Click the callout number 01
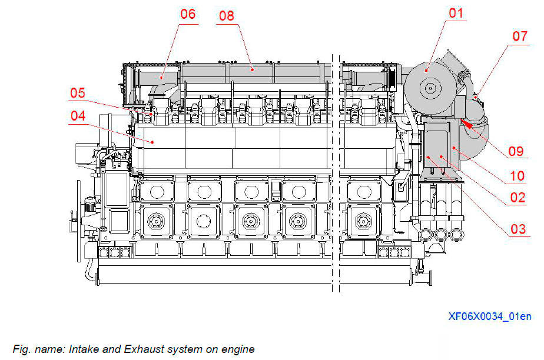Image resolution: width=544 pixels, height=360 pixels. [x=456, y=13]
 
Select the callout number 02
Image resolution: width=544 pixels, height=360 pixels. [x=518, y=198]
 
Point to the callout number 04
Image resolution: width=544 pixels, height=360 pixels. [x=78, y=116]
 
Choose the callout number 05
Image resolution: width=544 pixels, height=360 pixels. [x=78, y=93]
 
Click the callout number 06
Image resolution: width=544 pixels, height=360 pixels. [x=188, y=14]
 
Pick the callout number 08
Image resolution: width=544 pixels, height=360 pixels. [x=226, y=15]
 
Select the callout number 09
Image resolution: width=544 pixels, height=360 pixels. [x=516, y=151]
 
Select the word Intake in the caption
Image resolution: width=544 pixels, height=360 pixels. [x=82, y=349]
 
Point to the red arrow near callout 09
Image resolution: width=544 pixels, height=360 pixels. [x=469, y=124]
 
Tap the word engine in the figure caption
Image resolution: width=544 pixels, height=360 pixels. [x=238, y=349]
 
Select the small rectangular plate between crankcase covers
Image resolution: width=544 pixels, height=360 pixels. [x=275, y=189]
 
